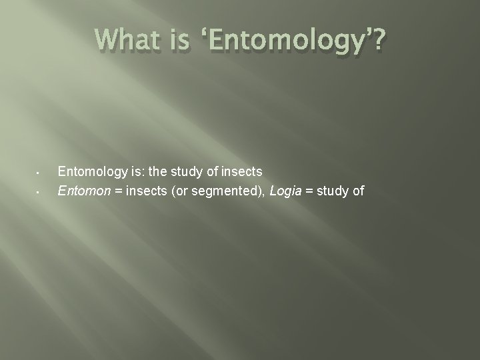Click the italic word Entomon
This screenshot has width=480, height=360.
81,192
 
